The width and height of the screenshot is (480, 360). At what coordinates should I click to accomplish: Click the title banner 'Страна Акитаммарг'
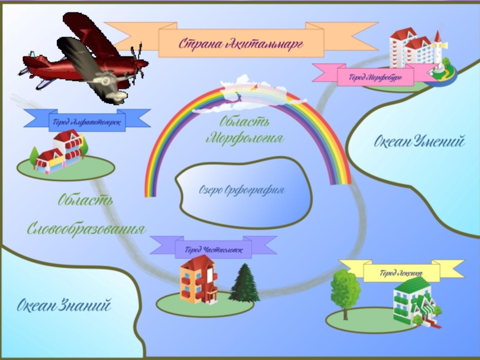[241, 42]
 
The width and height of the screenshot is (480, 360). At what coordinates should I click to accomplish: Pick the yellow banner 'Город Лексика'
[401, 272]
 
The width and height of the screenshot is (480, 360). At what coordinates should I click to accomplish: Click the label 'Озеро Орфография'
[241, 190]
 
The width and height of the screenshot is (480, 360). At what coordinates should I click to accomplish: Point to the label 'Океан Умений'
[419, 142]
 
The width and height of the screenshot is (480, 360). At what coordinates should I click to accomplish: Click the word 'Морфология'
[244, 139]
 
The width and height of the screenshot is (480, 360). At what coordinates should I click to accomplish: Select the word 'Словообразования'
[87, 229]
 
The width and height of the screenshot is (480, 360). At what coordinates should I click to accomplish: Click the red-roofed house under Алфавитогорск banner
[60, 153]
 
